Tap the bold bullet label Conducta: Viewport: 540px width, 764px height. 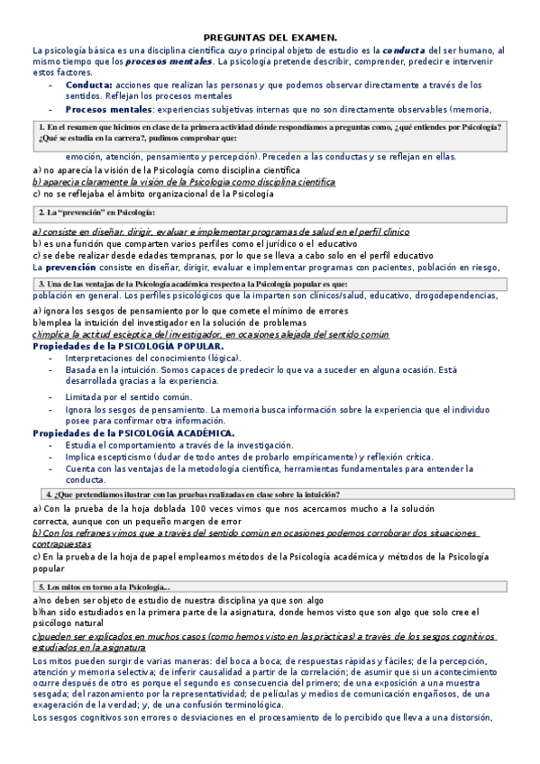tap(89, 85)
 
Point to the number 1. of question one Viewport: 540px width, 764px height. tap(42, 127)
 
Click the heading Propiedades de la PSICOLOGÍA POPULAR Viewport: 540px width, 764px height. tap(128, 346)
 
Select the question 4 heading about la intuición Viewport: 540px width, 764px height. tap(192, 495)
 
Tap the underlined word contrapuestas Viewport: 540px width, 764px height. tap(73, 544)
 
